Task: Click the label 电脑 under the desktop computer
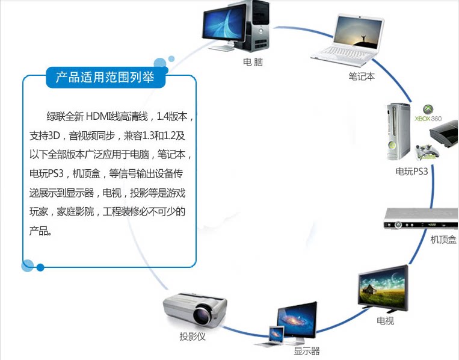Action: coord(253,62)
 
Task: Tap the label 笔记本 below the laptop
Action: coord(362,76)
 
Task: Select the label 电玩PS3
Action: coord(411,172)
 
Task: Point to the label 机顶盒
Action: coord(443,240)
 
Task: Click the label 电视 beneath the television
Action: coord(385,321)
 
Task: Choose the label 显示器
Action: coord(306,351)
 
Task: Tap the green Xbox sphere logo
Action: coord(428,109)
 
